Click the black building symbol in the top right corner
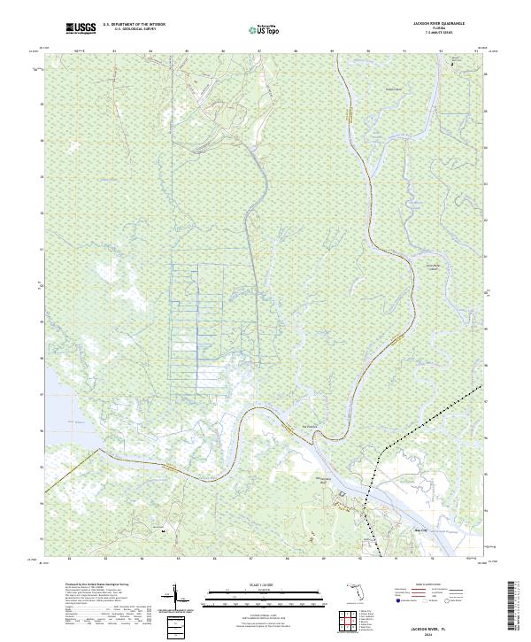click(x=453, y=65)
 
